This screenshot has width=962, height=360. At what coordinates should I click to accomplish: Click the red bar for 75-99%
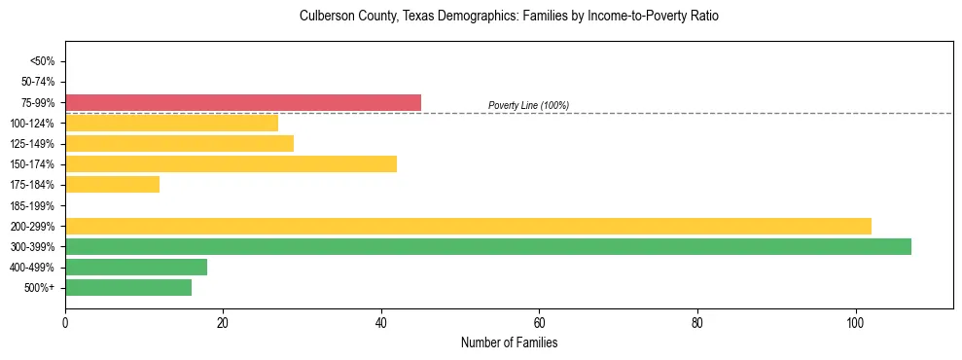(243, 102)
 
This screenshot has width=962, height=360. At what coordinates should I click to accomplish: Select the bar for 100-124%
(171, 123)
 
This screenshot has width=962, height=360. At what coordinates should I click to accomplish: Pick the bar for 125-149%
(179, 143)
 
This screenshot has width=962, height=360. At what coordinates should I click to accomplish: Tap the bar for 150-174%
(231, 163)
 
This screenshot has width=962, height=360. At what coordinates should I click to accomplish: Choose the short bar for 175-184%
(112, 184)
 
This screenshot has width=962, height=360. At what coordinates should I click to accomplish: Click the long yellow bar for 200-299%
(468, 226)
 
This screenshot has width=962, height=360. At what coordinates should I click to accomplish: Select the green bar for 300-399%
(488, 246)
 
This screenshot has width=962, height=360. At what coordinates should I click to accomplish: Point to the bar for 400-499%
(136, 267)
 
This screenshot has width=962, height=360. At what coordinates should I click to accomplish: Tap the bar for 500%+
(128, 287)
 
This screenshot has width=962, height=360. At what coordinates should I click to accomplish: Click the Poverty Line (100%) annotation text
(528, 105)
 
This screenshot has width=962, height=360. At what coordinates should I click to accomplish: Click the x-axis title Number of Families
(509, 342)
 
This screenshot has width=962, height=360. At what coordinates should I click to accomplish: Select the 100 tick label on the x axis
(855, 322)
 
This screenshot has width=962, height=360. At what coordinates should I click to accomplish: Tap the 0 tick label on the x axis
(65, 322)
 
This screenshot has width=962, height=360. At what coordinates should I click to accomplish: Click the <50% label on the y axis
(43, 61)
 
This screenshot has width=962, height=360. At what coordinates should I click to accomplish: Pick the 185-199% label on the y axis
(34, 205)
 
